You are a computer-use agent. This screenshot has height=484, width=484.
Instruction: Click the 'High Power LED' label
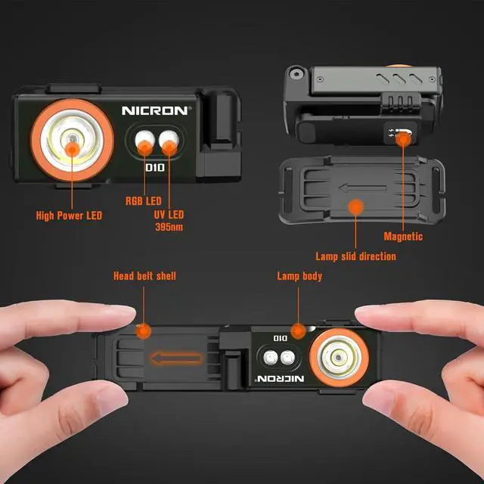point(69,216)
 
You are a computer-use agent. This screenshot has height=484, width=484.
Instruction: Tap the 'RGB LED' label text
point(143,201)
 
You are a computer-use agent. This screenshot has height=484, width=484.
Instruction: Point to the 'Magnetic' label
point(403,237)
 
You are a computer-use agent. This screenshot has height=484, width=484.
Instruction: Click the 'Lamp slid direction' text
point(355,256)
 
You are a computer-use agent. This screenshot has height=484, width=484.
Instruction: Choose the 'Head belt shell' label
point(144,276)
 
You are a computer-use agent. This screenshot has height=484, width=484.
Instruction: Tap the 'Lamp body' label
point(299,276)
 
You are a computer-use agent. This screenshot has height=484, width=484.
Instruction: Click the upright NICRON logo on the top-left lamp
point(157,110)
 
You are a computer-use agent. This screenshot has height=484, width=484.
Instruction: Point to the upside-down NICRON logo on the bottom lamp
point(281,377)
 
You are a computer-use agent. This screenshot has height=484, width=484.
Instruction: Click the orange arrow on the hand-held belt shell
point(175,358)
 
